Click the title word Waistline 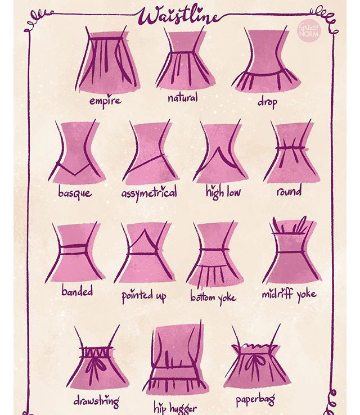pos(180,16)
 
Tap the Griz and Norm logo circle pos(309,31)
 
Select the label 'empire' pos(105,101)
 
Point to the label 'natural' pos(183,98)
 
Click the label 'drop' pos(267,102)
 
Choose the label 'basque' pos(75,193)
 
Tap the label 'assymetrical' pos(149,193)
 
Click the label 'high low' pos(223,192)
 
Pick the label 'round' pos(289,191)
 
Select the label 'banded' pos(77,291)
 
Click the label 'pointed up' pos(144,296)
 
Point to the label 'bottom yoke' pos(213,297)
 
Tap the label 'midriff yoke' pos(289,294)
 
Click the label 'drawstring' pos(96,401)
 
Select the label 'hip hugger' pos(175,408)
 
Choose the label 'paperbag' pos(255,400)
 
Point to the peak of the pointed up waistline pos(144,230)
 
